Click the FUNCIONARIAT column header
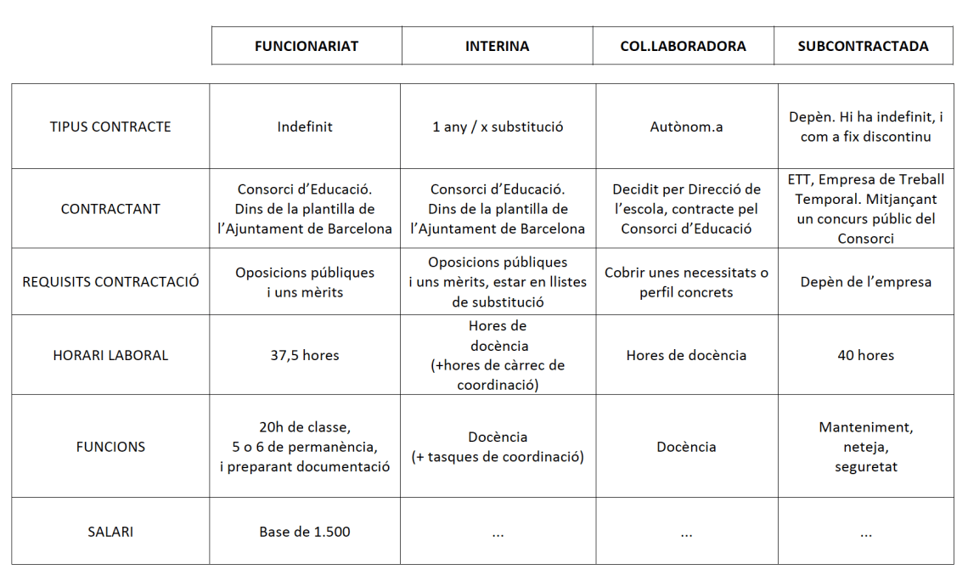[307, 46]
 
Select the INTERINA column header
[497, 46]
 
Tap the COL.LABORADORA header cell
[683, 46]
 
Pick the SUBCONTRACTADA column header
[863, 46]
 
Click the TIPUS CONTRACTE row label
[110, 127]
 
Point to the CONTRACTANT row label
[110, 208]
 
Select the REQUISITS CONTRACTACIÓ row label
[110, 281]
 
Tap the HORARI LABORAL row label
[110, 355]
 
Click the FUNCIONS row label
[110, 447]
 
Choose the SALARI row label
[110, 532]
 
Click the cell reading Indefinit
[305, 127]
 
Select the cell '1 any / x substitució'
[498, 127]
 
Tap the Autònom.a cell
[686, 127]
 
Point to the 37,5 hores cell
[305, 355]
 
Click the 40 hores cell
[865, 355]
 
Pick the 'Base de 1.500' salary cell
[305, 532]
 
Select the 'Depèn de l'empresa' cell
[865, 281]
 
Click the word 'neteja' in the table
[865, 447]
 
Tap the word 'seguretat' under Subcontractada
[865, 466]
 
